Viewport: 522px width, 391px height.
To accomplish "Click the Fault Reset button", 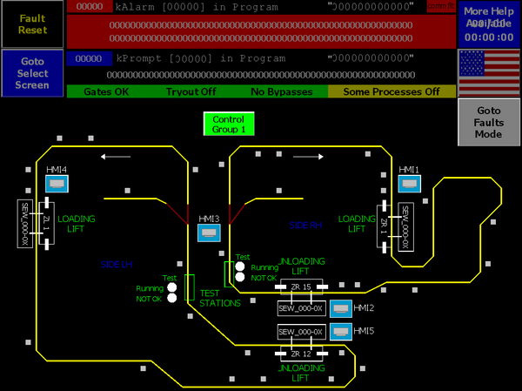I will click(32, 24).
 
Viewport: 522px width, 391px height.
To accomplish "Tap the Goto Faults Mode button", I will click(488, 123).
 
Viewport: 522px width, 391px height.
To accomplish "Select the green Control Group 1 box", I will click(229, 124).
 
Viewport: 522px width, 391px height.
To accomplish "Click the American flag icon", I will click(488, 73).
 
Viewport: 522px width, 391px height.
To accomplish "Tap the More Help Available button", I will click(488, 24).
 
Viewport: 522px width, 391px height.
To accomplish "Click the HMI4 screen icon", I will click(57, 185).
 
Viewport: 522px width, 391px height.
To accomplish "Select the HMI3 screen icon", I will click(209, 233).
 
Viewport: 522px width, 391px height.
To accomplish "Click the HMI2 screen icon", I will click(340, 308).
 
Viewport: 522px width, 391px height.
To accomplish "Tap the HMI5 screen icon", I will click(340, 332).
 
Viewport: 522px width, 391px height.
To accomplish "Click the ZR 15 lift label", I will click(300, 286).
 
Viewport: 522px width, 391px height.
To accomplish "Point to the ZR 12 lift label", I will click(300, 353).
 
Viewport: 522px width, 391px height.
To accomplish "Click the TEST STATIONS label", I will click(220, 298).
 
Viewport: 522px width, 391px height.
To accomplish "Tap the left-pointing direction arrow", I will click(115, 158).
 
